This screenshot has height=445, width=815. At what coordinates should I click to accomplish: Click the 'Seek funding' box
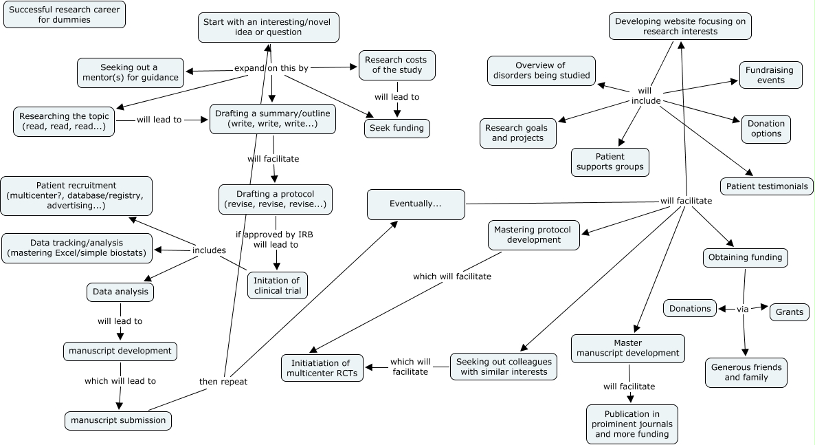pyautogui.click(x=397, y=128)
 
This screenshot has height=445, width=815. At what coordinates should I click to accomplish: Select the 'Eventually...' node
pyautogui.click(x=416, y=204)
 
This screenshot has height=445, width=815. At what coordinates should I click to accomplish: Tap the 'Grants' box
pyautogui.click(x=790, y=312)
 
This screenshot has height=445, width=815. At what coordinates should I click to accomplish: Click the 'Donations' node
pyautogui.click(x=690, y=308)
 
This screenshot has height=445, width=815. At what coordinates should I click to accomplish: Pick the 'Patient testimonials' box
pyautogui.click(x=766, y=186)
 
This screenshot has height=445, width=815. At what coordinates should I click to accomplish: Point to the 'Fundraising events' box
pyautogui.click(x=770, y=75)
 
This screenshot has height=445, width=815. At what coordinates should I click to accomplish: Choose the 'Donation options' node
pyautogui.click(x=766, y=129)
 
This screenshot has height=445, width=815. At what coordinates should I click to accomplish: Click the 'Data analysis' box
pyautogui.click(x=120, y=292)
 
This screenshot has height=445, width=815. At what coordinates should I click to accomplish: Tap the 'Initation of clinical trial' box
pyautogui.click(x=277, y=285)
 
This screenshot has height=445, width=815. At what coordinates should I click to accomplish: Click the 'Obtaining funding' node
pyautogui.click(x=745, y=257)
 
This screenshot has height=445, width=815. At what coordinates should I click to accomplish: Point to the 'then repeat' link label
pyautogui.click(x=223, y=381)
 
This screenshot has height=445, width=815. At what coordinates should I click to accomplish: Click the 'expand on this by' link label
pyautogui.click(x=271, y=68)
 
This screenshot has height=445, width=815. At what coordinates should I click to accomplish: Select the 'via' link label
pyautogui.click(x=742, y=310)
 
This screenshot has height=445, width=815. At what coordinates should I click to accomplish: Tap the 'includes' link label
pyautogui.click(x=209, y=250)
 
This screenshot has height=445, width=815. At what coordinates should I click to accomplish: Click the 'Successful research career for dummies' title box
pyautogui.click(x=65, y=14)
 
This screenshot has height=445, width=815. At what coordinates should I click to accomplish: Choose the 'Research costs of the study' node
pyautogui.click(x=397, y=65)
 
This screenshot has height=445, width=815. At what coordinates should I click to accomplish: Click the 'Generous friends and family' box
pyautogui.click(x=746, y=372)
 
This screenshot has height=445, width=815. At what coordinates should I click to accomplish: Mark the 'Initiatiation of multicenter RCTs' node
pyautogui.click(x=322, y=368)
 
